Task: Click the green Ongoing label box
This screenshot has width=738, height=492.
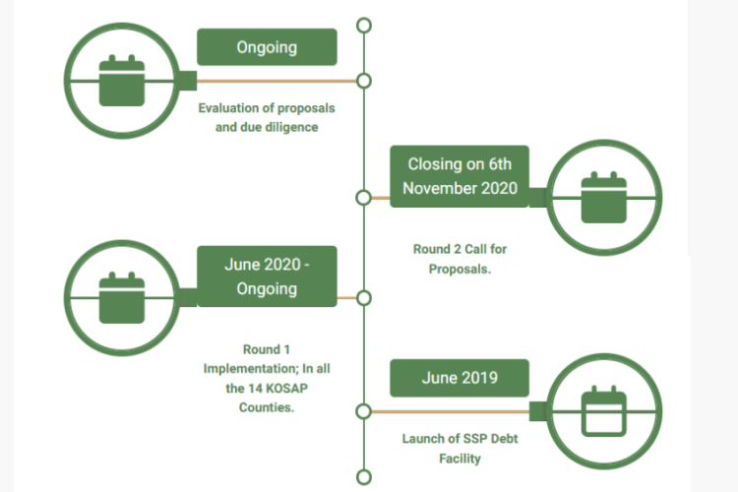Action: click(267, 47)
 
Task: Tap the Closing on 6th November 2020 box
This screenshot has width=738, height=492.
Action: click(460, 176)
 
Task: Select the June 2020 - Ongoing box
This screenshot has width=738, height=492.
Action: click(267, 277)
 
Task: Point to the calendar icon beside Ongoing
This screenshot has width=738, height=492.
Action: click(123, 80)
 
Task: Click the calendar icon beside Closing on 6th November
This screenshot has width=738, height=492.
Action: click(603, 196)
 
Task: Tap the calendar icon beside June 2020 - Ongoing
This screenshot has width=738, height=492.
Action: click(123, 296)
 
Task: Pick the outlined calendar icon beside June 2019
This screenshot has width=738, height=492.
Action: click(603, 410)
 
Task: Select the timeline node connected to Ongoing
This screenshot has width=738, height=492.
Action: click(364, 81)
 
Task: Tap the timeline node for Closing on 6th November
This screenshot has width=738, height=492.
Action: click(364, 197)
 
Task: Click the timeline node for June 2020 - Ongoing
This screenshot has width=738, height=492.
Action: click(364, 297)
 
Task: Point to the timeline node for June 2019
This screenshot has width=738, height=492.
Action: click(364, 410)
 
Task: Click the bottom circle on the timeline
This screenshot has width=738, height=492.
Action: click(364, 477)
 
